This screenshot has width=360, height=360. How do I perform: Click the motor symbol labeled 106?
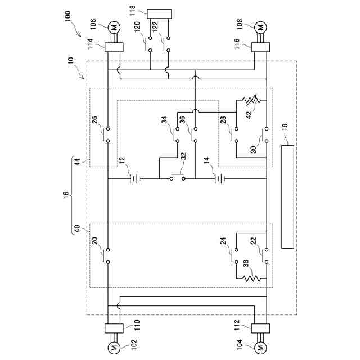(113, 26)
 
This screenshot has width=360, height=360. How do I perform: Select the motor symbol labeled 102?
(113, 348)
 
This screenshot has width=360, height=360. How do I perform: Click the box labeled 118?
(159, 13)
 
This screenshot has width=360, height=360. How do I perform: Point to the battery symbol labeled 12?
(134, 179)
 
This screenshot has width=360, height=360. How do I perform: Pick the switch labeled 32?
(178, 178)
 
